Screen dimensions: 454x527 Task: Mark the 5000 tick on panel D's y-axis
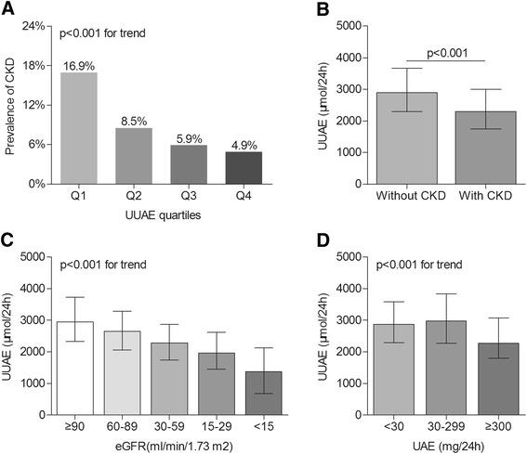(326, 256)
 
